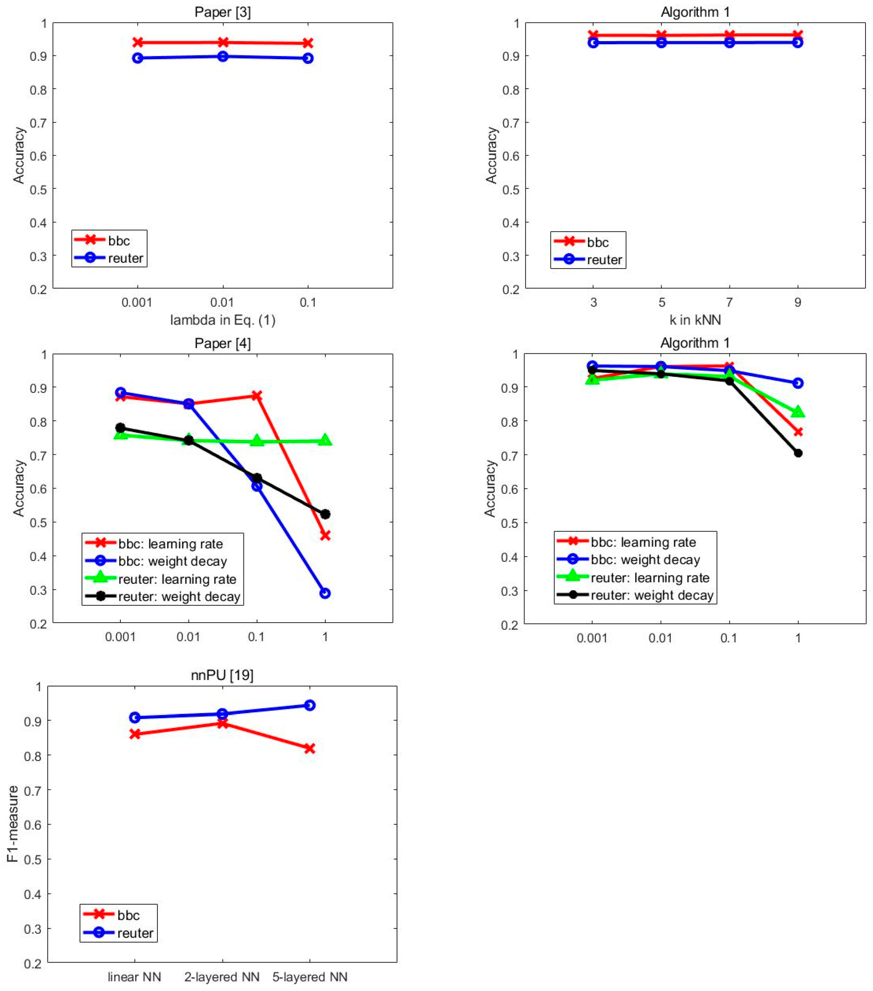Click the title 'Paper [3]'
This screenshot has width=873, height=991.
[x=222, y=12]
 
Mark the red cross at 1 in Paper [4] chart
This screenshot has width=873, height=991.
[x=325, y=535]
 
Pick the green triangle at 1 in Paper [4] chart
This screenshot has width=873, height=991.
[x=325, y=440]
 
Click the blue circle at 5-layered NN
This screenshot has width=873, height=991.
[x=309, y=705]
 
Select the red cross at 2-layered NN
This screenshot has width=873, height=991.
[x=222, y=723]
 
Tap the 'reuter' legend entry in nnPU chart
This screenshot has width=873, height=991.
[x=135, y=933]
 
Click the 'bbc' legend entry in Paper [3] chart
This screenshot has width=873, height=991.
[x=119, y=241]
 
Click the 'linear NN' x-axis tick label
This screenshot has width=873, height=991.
[x=134, y=977]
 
